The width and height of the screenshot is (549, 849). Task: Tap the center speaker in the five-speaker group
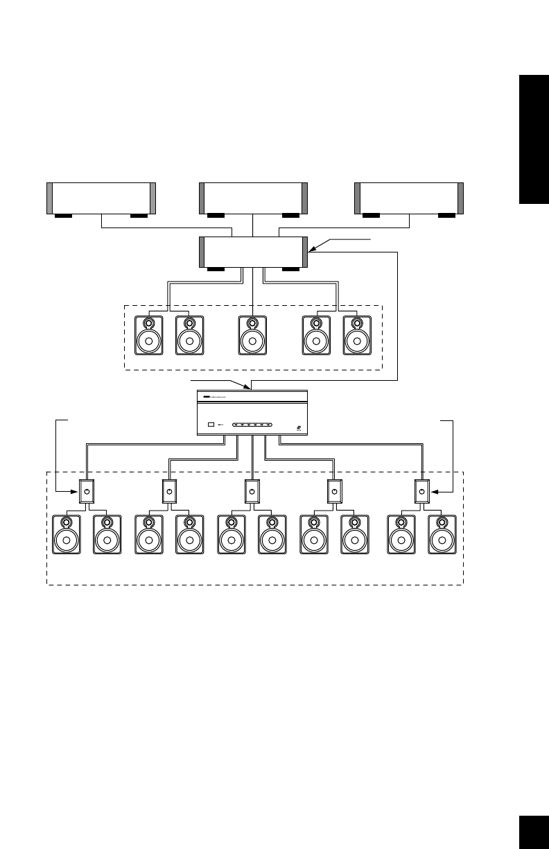[252, 336]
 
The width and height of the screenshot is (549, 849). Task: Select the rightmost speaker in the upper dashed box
[357, 336]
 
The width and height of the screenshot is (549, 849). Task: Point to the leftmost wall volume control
[87, 491]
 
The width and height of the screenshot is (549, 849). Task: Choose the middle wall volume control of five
[252, 491]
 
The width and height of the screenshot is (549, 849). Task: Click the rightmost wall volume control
[422, 491]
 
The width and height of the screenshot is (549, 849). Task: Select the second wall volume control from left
[169, 491]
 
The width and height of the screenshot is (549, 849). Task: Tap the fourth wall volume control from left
[335, 491]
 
